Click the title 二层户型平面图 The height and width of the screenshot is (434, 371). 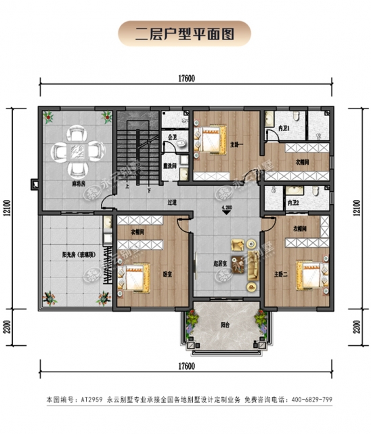tap(185, 32)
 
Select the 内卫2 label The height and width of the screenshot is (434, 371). tap(292, 201)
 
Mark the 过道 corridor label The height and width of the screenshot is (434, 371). tap(173, 201)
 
